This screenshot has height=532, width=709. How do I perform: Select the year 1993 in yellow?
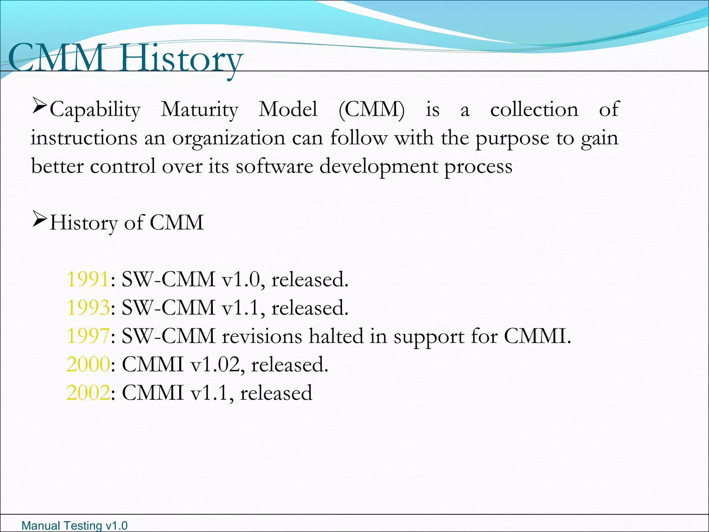click(x=88, y=308)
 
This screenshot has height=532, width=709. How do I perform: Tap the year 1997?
click(x=88, y=336)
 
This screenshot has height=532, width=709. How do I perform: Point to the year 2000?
click(x=88, y=364)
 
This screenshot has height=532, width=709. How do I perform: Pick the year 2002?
click(x=88, y=393)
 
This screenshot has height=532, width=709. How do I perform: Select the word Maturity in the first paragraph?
click(x=200, y=110)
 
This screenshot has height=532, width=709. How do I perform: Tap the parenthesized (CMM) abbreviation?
click(x=371, y=109)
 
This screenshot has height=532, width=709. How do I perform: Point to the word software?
click(x=275, y=166)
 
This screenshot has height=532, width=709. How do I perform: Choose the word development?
click(x=378, y=167)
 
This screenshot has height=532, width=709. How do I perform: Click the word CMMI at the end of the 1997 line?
click(x=537, y=336)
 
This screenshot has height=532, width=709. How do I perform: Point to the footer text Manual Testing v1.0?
click(x=74, y=525)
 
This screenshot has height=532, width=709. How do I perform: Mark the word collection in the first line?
click(x=534, y=109)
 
